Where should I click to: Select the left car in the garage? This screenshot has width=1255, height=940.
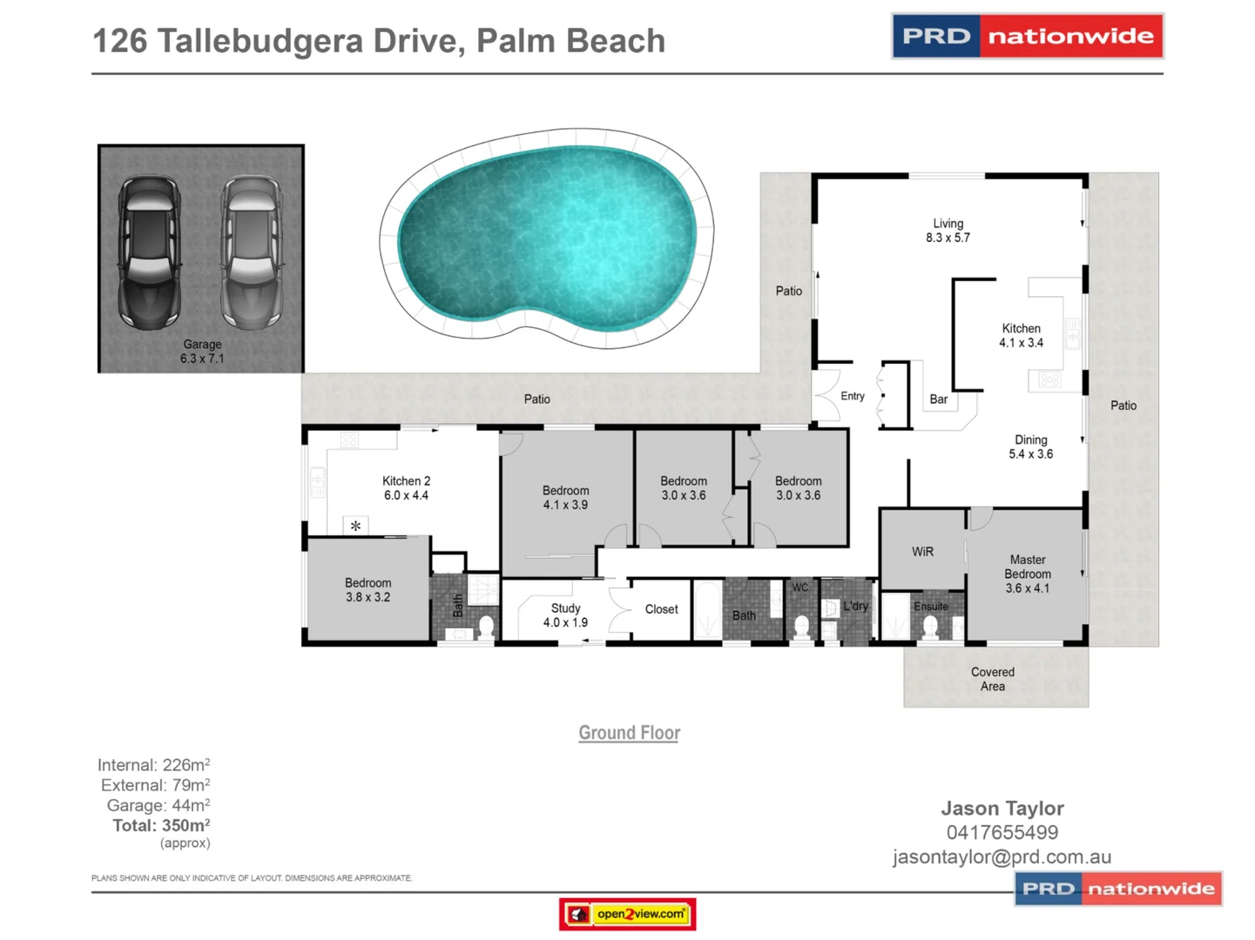[150, 252]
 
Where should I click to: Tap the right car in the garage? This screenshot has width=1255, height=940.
[252, 252]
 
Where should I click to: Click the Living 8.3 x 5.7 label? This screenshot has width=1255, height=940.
[948, 231]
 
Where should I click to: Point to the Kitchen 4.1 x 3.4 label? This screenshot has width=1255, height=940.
[1021, 336]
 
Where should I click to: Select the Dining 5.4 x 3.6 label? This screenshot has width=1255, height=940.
[1030, 446]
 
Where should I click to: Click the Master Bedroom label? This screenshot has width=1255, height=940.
[1028, 574]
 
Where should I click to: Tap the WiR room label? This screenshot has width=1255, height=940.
[922, 552]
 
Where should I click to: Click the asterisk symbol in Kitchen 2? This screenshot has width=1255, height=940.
[355, 526]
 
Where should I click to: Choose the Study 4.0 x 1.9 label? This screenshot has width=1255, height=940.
[565, 615]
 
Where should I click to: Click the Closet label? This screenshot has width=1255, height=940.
[661, 609]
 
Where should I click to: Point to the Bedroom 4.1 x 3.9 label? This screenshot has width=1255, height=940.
[565, 498]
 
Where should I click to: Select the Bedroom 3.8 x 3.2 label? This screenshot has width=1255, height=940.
[368, 590]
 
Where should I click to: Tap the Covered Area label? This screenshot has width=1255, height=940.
[993, 679]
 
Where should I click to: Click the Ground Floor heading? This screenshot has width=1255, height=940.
[629, 733]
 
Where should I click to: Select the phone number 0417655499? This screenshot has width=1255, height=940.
[1002, 833]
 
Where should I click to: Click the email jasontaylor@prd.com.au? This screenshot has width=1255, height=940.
[1002, 857]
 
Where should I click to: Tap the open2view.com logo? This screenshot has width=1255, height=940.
[627, 914]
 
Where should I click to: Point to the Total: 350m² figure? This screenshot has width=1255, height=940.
[161, 825]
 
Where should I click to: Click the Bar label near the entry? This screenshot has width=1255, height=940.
[938, 399]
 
